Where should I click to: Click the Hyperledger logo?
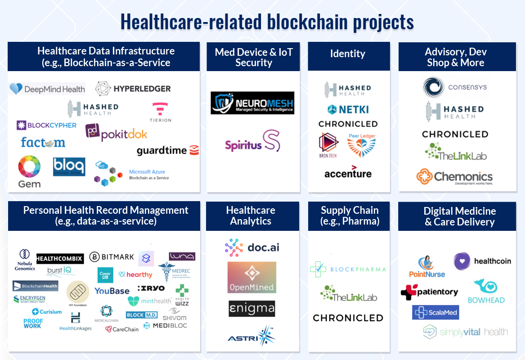pos(133,89)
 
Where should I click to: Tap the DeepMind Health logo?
pos(48,89)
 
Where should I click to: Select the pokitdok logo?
pos(116,132)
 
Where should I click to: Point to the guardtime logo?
pos(167,150)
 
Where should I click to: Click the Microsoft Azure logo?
pos(131,174)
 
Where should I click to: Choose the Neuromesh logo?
pos(252,103)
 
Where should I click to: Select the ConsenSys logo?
pos(454,87)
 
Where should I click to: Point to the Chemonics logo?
pos(454,177)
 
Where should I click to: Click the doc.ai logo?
pos(252,247)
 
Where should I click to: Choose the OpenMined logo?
pos(252,277)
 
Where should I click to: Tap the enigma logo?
pos(252,309)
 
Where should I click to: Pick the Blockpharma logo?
pos(348,269)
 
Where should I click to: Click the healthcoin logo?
pos(482,261)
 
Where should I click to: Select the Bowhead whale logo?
pos(486,292)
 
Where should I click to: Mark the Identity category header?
pos(348,54)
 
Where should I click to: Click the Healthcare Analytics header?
pos(251,216)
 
